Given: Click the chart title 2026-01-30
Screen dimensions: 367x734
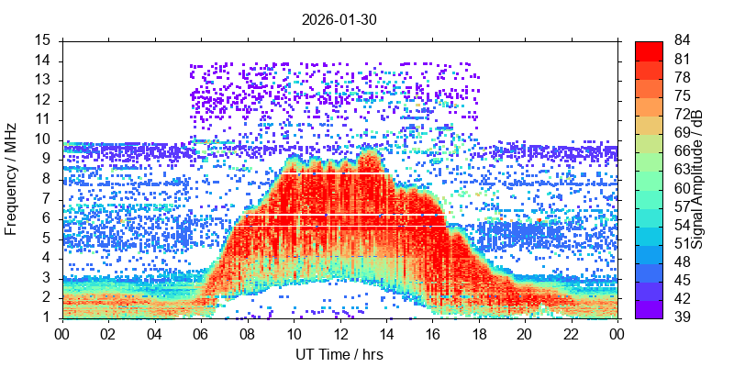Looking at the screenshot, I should [339, 18].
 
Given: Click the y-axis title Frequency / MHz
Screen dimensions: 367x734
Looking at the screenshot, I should [12, 179].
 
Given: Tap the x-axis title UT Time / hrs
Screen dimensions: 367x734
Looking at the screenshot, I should [339, 354].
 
